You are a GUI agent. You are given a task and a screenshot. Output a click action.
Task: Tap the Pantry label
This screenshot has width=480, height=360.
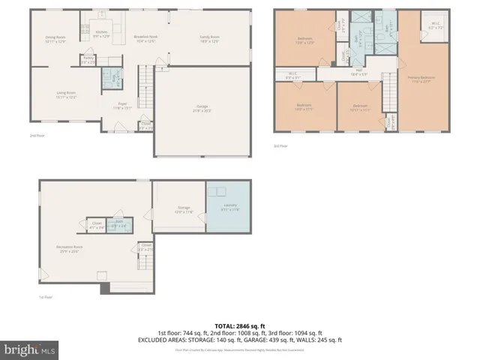tap(88, 58)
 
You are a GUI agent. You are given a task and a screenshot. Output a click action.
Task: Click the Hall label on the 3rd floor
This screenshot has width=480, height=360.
tap(359, 71)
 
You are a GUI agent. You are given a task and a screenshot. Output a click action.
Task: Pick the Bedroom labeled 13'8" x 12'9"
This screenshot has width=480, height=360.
tap(304, 40)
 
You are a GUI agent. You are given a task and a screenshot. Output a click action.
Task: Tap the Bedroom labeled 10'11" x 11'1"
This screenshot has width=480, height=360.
tap(360, 107)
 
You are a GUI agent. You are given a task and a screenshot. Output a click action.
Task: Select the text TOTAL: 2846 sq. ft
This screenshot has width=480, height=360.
tap(240, 326)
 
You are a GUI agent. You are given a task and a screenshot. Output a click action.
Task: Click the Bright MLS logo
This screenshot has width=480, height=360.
tap(30, 349)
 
